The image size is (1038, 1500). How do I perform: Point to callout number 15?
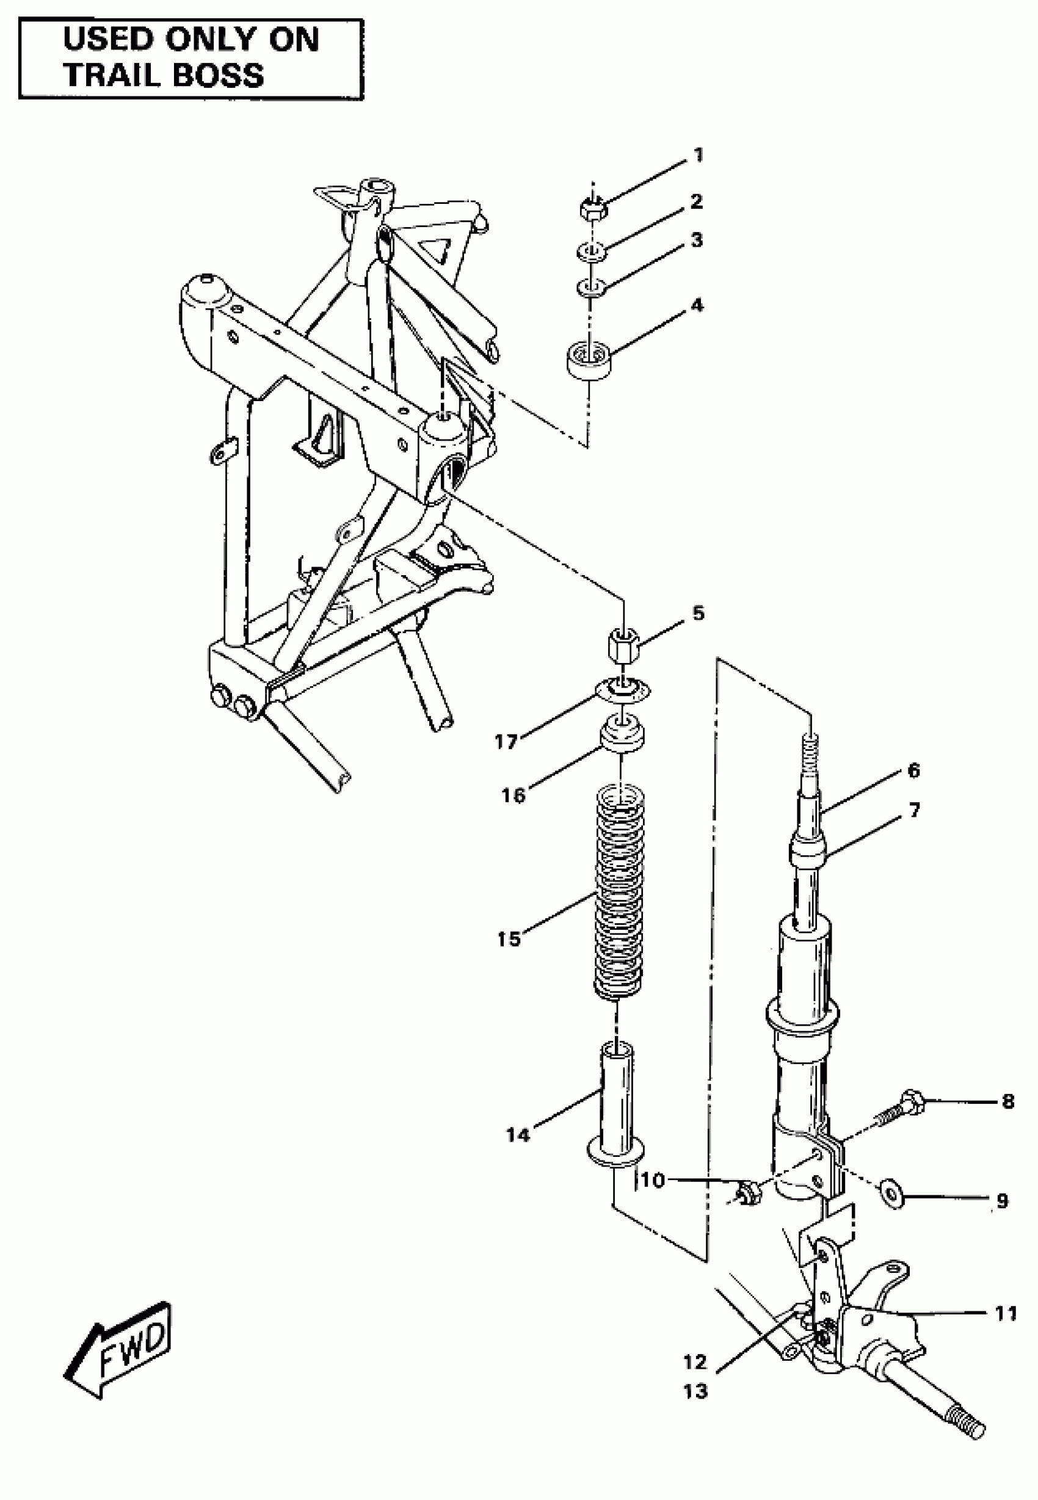point(509,939)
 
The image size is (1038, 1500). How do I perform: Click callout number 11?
point(1006,1313)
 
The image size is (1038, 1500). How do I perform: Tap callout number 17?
point(506,741)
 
